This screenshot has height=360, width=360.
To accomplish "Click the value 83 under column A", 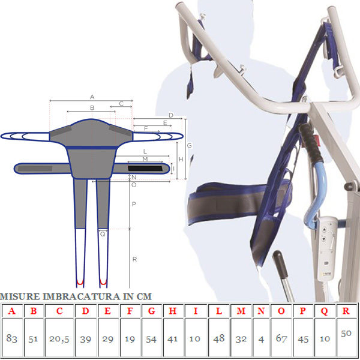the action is pos(12,338).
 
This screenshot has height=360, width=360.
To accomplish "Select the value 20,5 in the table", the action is pos(59,339).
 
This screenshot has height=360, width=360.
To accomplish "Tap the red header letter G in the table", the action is pos(152,311).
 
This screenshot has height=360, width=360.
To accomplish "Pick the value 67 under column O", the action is pos(281,338).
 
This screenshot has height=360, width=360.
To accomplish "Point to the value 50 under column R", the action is pos(346,333).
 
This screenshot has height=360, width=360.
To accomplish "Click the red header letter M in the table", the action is pos(241,311).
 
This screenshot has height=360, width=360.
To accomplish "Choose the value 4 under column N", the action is pos(261,340).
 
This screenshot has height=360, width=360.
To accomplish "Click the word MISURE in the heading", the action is pos(20,296).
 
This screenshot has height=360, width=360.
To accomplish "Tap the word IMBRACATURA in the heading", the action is pos(82,296).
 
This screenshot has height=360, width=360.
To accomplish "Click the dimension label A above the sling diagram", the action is pos(92,97).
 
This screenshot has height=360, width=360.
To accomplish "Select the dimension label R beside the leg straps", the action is pos(134,259).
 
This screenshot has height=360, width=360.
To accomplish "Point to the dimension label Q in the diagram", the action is pos(103,234).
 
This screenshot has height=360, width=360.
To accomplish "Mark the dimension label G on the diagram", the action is pos(190,145).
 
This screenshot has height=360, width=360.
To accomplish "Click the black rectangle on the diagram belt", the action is pos(145,168).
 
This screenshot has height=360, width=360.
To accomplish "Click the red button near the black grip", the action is pos(317,139).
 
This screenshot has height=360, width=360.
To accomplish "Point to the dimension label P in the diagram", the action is pos(134,204).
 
